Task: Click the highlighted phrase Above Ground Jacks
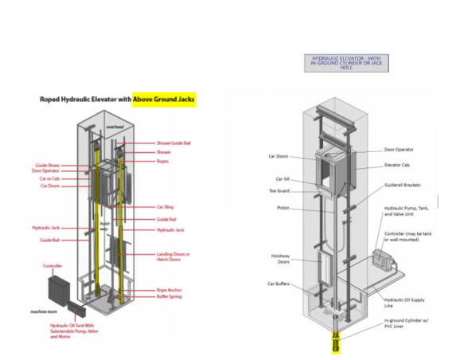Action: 164,100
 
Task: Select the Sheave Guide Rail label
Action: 174,143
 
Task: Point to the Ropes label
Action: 163,161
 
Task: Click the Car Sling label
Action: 166,206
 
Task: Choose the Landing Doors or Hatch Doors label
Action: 174,256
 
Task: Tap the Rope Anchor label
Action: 169,290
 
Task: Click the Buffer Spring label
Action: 169,297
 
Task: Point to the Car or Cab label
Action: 47,179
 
